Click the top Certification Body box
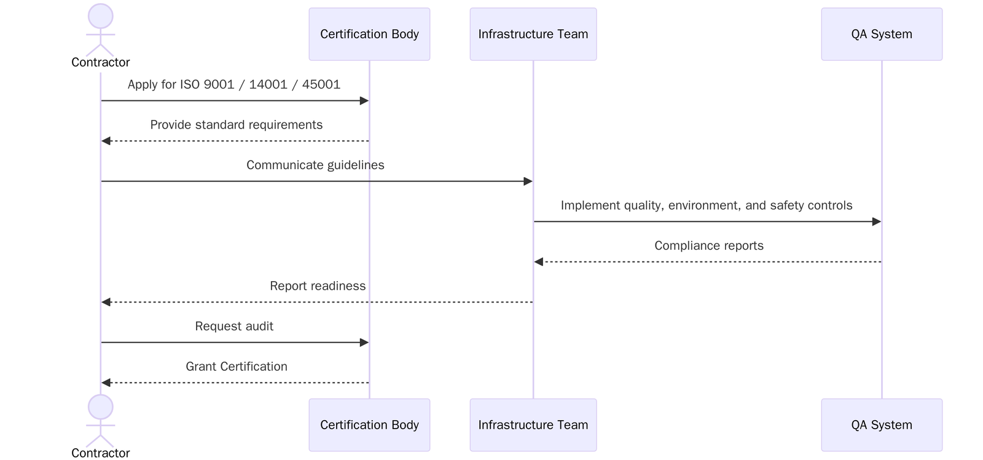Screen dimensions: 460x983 (369, 34)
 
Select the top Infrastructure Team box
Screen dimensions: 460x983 (533, 34)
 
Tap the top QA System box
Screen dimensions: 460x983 (881, 34)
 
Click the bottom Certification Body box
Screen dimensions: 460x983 (369, 425)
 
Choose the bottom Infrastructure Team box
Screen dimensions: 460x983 (533, 425)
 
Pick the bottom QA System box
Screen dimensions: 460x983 (881, 425)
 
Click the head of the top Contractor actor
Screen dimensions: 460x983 (101, 16)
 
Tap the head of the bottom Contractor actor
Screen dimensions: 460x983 (101, 406)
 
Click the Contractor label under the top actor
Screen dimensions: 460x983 (101, 62)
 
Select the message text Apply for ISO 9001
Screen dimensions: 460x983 (233, 84)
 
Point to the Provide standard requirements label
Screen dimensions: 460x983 (236, 125)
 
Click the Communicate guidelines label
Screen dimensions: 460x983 (315, 165)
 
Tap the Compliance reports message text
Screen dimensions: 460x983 (708, 245)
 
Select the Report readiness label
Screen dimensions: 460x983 (318, 286)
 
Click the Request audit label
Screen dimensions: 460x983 (234, 326)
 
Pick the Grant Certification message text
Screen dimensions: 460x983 (236, 367)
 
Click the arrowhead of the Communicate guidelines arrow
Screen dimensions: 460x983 (528, 181)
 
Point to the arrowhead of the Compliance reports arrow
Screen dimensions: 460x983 (539, 262)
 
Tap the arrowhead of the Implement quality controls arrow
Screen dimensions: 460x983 (876, 221)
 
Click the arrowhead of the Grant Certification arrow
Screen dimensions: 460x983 (106, 383)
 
